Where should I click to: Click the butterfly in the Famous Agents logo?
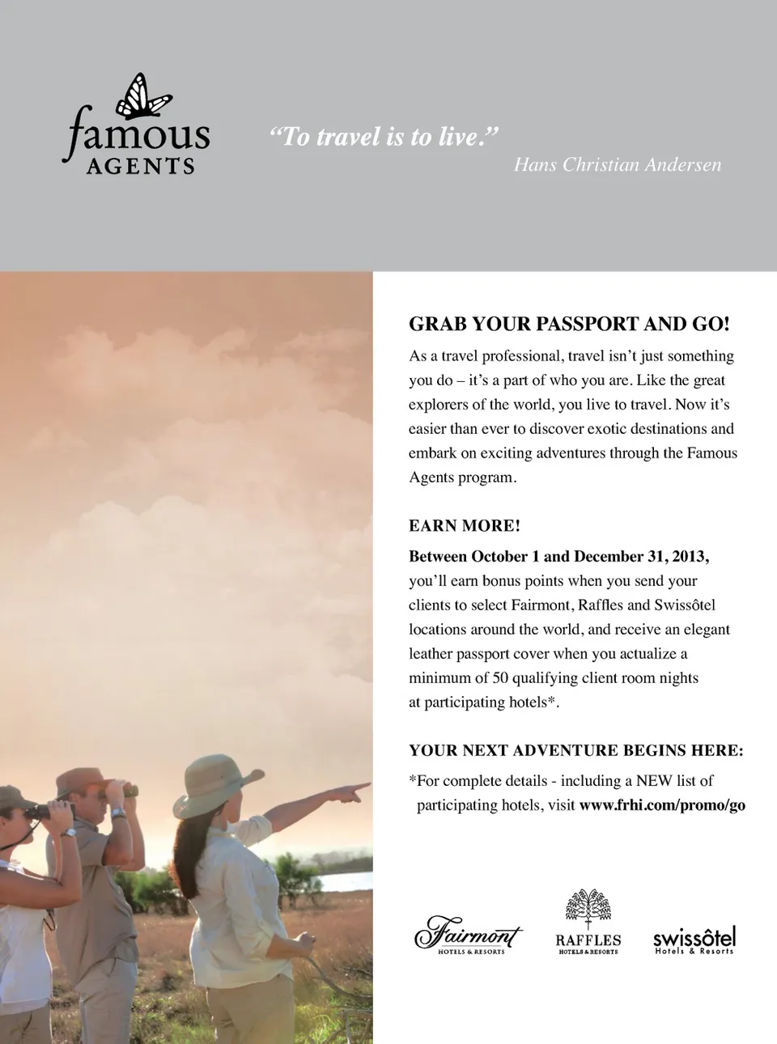[144, 98]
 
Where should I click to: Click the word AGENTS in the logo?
[141, 166]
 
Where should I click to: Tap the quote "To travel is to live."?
[384, 137]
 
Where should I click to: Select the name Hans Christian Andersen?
[617, 165]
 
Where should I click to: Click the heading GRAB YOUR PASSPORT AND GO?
[569, 324]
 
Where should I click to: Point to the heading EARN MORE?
[465, 526]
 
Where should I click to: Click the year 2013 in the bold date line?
[689, 557]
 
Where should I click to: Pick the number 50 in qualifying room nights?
[500, 678]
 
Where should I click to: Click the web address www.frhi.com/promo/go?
[662, 805]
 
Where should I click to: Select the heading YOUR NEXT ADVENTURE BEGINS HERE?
[575, 750]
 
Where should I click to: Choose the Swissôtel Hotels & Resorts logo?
[694, 940]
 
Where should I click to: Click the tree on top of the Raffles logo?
[588, 906]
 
